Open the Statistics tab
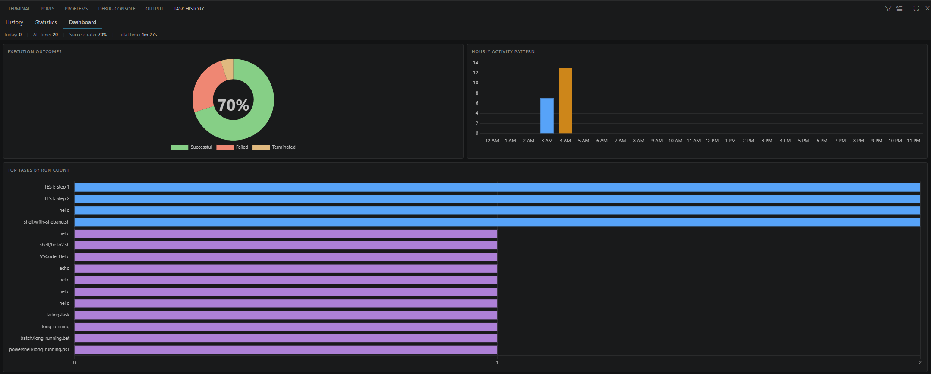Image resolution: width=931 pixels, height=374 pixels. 46,22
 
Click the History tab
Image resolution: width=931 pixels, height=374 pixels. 14,22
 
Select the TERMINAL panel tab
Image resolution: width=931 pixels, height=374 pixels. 19,9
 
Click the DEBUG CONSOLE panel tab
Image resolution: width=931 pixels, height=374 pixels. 117,9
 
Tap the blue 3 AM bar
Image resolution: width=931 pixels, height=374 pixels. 547,116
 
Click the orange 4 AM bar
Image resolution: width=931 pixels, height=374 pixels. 565,101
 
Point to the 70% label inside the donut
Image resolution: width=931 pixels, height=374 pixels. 233,105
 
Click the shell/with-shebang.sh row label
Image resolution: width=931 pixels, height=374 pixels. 47,222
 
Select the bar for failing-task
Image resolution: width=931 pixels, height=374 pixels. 286,315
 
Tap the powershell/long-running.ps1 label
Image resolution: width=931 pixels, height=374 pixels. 39,350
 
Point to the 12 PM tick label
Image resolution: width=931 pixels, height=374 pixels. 712,141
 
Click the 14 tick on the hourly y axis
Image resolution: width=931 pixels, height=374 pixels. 476,63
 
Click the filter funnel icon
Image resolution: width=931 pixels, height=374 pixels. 888,9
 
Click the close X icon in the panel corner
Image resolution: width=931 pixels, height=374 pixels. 927,9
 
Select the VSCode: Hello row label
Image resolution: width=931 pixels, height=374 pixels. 54,257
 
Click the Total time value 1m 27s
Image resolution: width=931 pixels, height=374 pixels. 149,35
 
